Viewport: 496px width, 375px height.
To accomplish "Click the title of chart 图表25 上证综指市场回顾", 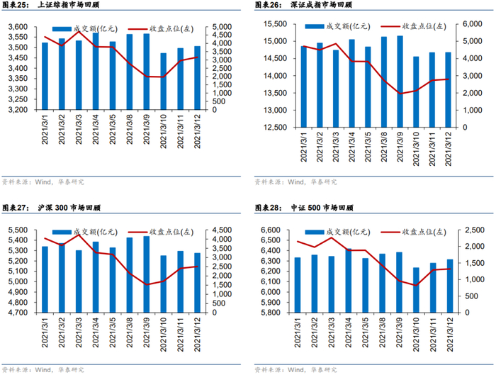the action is pyautogui.click(x=50, y=5).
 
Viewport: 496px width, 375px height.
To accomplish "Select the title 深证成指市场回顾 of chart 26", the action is pyautogui.click(x=321, y=5).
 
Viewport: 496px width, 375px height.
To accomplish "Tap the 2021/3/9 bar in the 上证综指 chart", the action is pyautogui.click(x=147, y=72).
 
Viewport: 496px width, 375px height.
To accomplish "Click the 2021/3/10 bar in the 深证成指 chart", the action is pyautogui.click(x=416, y=91).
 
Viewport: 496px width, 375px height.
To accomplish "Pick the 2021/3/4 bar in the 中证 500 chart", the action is pyautogui.click(x=349, y=281).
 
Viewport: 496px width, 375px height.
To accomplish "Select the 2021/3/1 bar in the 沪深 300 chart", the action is pyautogui.click(x=45, y=279).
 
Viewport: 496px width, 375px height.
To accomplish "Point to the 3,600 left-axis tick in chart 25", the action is pyautogui.click(x=18, y=27).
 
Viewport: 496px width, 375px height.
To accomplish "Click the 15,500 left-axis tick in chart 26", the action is pyautogui.click(x=275, y=24).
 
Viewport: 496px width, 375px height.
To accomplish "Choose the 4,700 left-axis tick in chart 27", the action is pyautogui.click(x=18, y=313).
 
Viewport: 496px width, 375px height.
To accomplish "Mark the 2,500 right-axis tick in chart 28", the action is pyautogui.click(x=475, y=230).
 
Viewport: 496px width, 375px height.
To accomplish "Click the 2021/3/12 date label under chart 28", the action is pyautogui.click(x=450, y=335).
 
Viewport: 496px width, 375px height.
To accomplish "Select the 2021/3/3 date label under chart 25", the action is pyautogui.click(x=79, y=129).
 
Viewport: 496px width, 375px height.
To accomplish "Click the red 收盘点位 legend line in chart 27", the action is pyautogui.click(x=138, y=233).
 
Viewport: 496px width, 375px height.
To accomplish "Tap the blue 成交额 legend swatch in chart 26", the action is pyautogui.click(x=315, y=26).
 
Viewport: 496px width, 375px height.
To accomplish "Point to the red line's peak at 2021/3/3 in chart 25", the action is pyautogui.click(x=79, y=31).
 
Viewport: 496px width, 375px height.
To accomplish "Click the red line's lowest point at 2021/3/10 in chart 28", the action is pyautogui.click(x=416, y=286).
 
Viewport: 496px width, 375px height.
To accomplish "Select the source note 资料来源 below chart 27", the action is pyautogui.click(x=43, y=369).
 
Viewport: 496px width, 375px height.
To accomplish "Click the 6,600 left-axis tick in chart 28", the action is pyautogui.click(x=271, y=230).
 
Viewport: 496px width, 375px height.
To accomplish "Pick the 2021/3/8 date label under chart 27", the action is pyautogui.click(x=130, y=332).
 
